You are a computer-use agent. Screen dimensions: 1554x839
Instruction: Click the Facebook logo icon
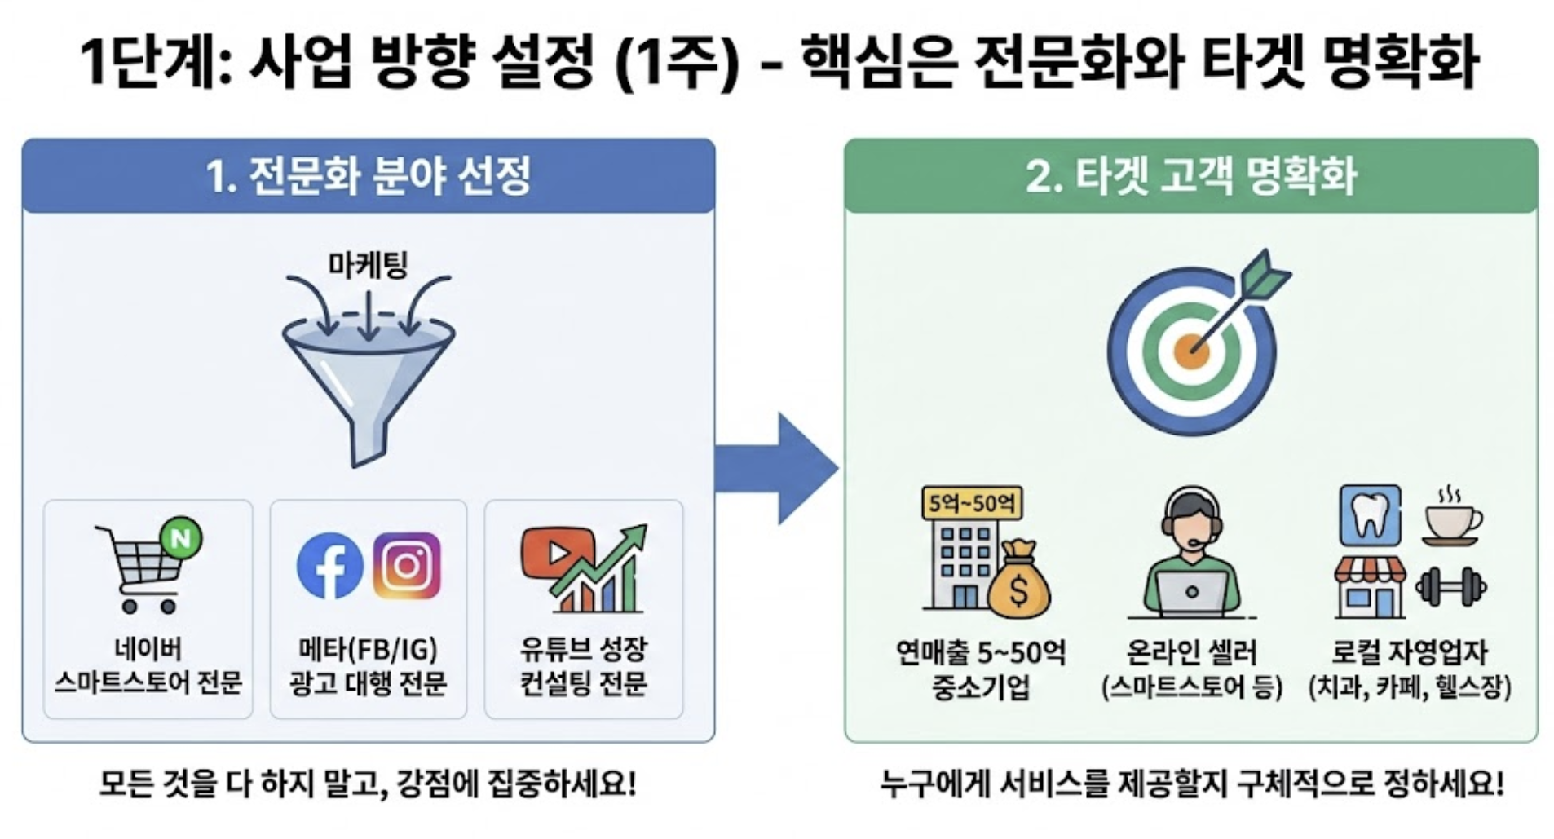[329, 566]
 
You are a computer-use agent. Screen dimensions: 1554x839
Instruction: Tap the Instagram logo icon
[407, 565]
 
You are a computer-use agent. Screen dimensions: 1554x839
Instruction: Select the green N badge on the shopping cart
[181, 539]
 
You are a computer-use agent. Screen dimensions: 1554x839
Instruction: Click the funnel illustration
[369, 375]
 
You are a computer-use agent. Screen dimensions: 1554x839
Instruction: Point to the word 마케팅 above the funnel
[368, 265]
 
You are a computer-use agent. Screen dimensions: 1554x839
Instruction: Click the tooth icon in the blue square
[1370, 516]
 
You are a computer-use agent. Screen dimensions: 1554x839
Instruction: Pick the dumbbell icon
[1450, 586]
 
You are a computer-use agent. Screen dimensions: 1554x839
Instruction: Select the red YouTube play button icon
[558, 554]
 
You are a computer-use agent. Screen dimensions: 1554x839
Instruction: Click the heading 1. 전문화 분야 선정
[369, 176]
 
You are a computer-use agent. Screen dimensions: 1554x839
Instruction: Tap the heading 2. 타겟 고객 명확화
[1191, 176]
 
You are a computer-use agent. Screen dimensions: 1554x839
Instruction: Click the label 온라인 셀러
[1191, 651]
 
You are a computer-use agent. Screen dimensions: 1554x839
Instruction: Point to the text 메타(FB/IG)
[368, 650]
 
